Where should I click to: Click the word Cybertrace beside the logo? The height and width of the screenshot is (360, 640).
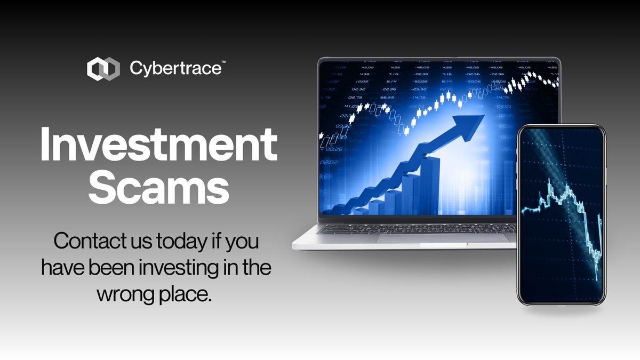pos(175,69)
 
